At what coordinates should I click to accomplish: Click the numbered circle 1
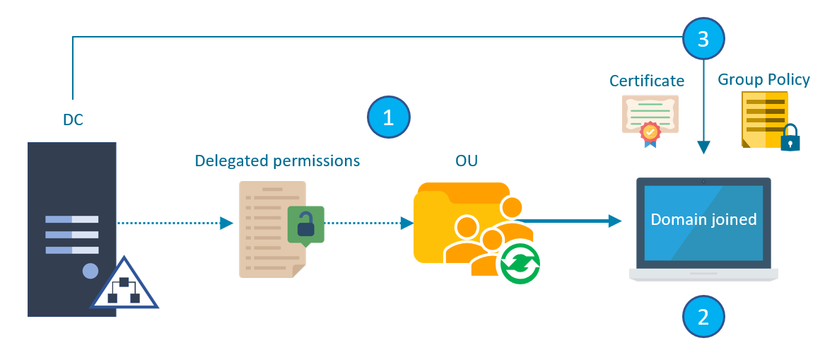(388, 117)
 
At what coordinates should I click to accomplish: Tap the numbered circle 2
(703, 316)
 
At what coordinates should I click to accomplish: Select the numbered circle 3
(703, 39)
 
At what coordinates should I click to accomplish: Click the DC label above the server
(73, 120)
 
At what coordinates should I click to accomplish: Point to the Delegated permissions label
(277, 161)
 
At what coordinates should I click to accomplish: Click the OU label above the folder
(466, 161)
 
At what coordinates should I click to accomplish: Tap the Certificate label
(647, 81)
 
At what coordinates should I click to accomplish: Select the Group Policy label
(763, 79)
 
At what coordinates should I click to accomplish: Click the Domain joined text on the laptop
(703, 219)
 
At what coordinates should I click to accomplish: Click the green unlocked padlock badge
(306, 226)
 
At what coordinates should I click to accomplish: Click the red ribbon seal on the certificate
(649, 132)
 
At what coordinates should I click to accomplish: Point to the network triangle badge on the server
(124, 286)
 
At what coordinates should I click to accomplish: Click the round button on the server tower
(90, 270)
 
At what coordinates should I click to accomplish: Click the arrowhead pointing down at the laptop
(703, 147)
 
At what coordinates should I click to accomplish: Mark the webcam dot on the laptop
(703, 182)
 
